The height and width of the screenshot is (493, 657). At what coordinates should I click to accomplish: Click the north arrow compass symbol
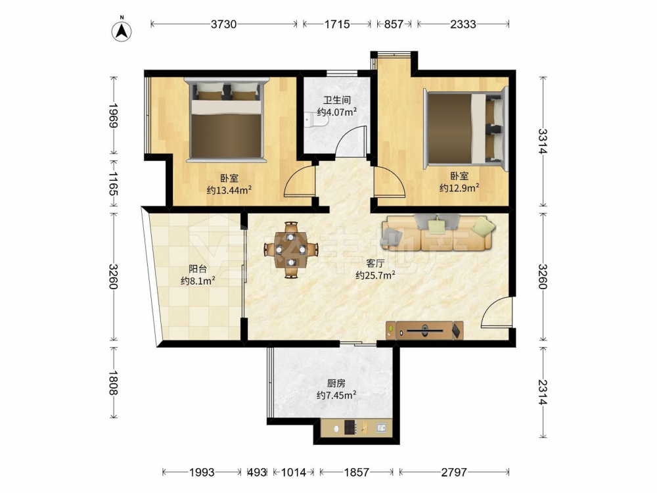(122, 31)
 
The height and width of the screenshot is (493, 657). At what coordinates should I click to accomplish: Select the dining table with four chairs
(291, 250)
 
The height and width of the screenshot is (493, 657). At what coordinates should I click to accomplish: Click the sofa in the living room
(438, 233)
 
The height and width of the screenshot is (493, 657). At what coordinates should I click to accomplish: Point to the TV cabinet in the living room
(424, 331)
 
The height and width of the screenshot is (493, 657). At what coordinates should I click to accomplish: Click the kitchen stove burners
(350, 428)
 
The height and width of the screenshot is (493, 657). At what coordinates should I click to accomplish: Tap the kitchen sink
(381, 428)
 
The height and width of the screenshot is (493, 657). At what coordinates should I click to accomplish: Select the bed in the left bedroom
(226, 120)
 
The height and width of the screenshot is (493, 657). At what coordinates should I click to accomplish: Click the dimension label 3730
(224, 24)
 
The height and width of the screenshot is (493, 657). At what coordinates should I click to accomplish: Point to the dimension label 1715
(337, 24)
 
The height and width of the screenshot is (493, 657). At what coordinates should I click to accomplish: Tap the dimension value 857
(394, 24)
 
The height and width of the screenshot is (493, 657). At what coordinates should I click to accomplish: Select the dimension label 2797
(454, 473)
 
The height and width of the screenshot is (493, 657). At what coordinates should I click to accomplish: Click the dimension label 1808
(113, 382)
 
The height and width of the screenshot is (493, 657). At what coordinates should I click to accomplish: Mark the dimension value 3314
(543, 141)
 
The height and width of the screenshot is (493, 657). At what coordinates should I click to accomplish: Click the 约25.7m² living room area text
(375, 275)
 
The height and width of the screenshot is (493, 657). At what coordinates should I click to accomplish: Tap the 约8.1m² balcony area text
(198, 281)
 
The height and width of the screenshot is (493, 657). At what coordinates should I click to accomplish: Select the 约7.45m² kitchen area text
(336, 395)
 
